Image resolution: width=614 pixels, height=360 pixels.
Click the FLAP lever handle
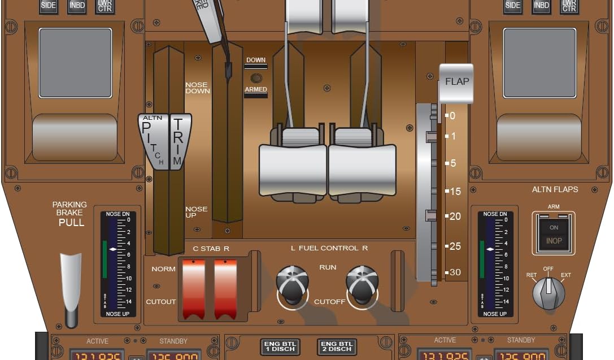click(456, 83)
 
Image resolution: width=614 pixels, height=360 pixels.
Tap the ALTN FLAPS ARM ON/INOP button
click(554, 233)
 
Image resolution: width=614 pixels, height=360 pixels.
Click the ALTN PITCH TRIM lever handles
click(165, 141)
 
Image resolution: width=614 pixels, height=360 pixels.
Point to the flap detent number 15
click(455, 192)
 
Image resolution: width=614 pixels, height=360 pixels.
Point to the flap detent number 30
click(455, 272)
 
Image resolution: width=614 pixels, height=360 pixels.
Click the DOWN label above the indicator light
click(256, 60)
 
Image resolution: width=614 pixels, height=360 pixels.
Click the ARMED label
click(256, 90)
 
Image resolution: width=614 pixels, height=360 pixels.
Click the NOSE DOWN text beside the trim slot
click(197, 88)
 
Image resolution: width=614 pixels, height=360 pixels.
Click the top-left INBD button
click(77, 6)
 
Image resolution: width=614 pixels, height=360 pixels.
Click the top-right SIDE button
click(513, 6)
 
